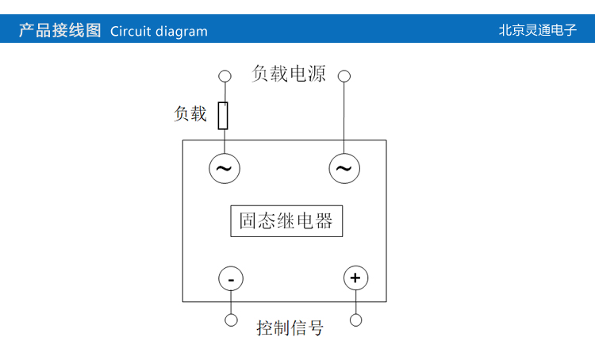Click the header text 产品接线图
click(59, 31)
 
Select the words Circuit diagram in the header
click(159, 32)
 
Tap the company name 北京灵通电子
click(537, 31)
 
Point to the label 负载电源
click(289, 74)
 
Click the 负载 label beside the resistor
click(190, 114)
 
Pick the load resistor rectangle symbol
click(224, 115)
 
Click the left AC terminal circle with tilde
click(224, 168)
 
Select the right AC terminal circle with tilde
click(344, 168)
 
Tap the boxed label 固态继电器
click(286, 221)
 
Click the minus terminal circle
click(231, 279)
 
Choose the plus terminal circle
click(355, 278)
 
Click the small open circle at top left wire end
click(225, 76)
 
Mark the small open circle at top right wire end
click(344, 76)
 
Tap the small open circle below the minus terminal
click(231, 320)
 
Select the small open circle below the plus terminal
click(355, 320)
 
